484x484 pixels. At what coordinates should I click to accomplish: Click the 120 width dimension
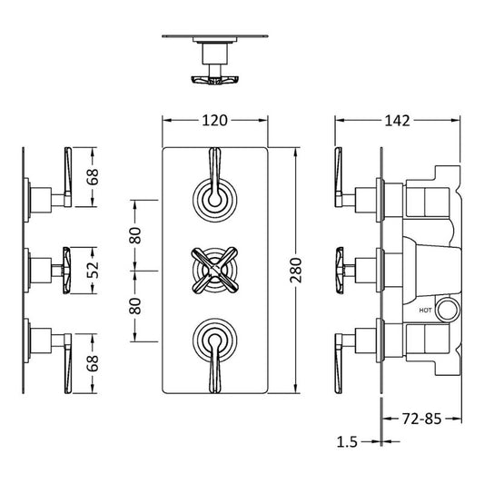(214, 120)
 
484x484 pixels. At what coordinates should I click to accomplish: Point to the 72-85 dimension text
(425, 420)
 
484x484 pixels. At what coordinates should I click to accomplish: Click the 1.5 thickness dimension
(346, 441)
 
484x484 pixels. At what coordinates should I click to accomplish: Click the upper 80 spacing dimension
(135, 234)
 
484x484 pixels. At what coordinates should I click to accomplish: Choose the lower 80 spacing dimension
(135, 305)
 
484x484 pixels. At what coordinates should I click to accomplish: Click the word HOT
(425, 311)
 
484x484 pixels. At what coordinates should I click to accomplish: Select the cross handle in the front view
(214, 269)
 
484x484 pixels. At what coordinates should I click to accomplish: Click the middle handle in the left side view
(64, 268)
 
